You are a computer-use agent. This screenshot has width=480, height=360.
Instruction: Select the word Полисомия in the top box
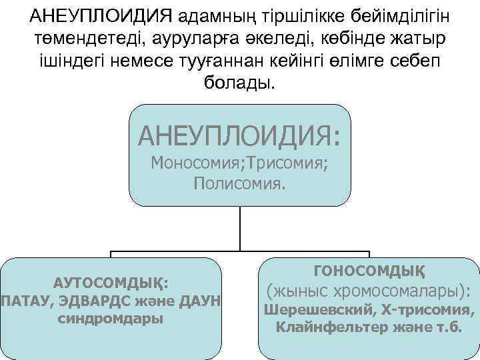[x=239, y=183]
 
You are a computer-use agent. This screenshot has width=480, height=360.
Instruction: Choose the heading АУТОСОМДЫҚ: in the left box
[x=111, y=283]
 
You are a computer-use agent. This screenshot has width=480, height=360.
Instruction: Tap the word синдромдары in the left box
[x=111, y=318]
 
